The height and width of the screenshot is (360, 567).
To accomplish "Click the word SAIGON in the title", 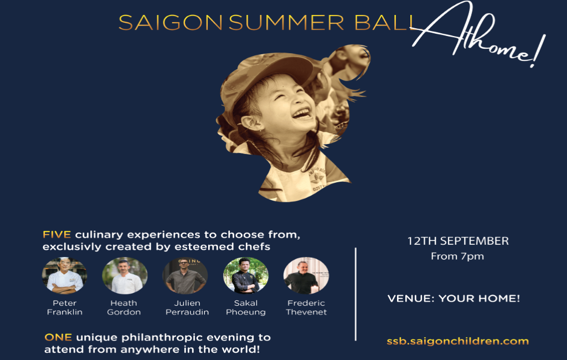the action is (171, 23).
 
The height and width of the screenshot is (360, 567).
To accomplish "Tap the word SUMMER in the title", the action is (286, 23).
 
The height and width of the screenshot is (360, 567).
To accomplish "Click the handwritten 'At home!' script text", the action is (477, 34).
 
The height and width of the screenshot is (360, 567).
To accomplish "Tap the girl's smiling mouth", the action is (301, 113).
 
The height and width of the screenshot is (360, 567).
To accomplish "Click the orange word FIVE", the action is (57, 234).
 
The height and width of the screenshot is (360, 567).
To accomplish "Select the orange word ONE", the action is (58, 337).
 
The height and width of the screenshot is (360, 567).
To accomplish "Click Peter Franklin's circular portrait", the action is (64, 276).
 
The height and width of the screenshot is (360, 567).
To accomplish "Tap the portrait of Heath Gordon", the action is (125, 276).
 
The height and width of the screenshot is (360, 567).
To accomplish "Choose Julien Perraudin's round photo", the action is (185, 276).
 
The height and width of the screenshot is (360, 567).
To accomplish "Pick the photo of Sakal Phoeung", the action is (246, 276).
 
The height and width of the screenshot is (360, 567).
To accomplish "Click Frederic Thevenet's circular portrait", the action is (306, 276).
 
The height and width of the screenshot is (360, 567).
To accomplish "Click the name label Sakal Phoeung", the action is (246, 307).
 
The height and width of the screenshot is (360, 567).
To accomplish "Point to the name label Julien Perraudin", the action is (187, 307).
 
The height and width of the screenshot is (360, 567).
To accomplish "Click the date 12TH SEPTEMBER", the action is (458, 241).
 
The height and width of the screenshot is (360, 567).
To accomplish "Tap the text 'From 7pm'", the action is (457, 256).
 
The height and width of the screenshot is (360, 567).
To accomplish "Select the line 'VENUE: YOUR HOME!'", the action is (454, 299).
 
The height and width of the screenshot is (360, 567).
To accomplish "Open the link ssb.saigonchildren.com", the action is (458, 341).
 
